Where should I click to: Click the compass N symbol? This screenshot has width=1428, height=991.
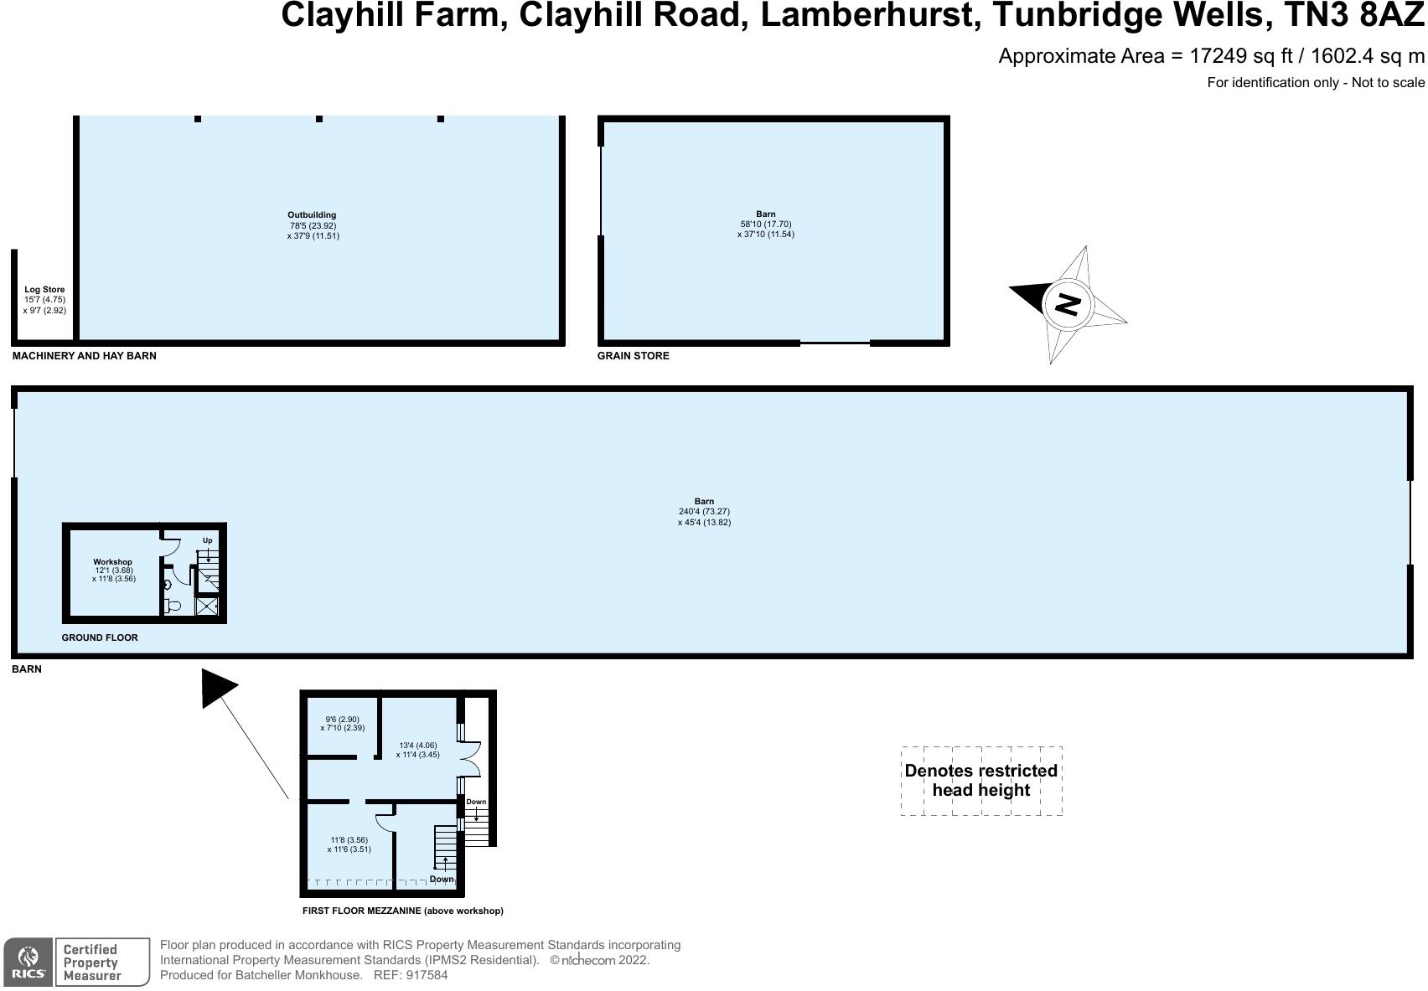[x=1067, y=304]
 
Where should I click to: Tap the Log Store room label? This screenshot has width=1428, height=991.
[x=44, y=290]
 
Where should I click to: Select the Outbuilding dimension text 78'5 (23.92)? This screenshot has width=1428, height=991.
[x=313, y=226]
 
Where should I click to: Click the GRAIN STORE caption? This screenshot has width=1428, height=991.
[x=633, y=356]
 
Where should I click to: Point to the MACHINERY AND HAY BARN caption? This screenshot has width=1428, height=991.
[x=84, y=356]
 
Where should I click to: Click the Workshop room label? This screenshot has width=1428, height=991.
[x=112, y=562]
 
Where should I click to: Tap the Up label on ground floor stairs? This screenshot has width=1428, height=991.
[x=207, y=540]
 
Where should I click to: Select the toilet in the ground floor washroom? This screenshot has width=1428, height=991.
[x=173, y=605]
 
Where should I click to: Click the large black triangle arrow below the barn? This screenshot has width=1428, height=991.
[x=218, y=689]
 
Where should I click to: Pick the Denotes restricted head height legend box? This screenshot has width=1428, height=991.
[x=980, y=781]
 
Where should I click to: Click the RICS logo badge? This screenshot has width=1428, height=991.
[x=28, y=962]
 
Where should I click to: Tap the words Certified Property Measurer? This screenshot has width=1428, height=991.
[x=91, y=962]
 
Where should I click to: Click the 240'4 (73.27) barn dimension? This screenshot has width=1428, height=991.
[x=704, y=512]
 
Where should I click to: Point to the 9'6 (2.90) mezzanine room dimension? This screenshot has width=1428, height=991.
[x=342, y=720]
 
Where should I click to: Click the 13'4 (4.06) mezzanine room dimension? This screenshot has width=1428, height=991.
[x=416, y=746]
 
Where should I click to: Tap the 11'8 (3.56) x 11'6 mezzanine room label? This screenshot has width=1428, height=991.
[x=349, y=844]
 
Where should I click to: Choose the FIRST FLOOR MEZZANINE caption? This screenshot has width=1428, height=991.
[x=402, y=911]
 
